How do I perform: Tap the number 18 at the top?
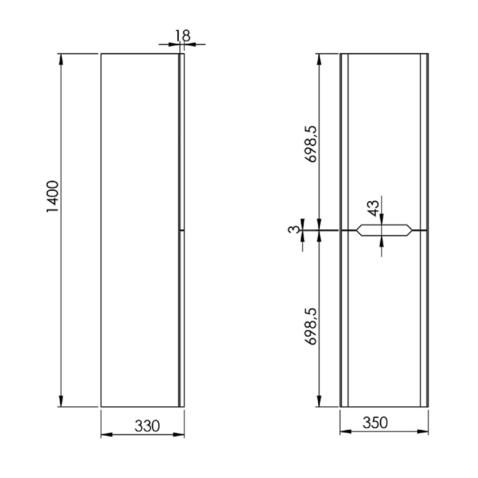tap(182, 35)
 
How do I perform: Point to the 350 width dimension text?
tap(376, 422)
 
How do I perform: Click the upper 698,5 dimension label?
tap(311, 145)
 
